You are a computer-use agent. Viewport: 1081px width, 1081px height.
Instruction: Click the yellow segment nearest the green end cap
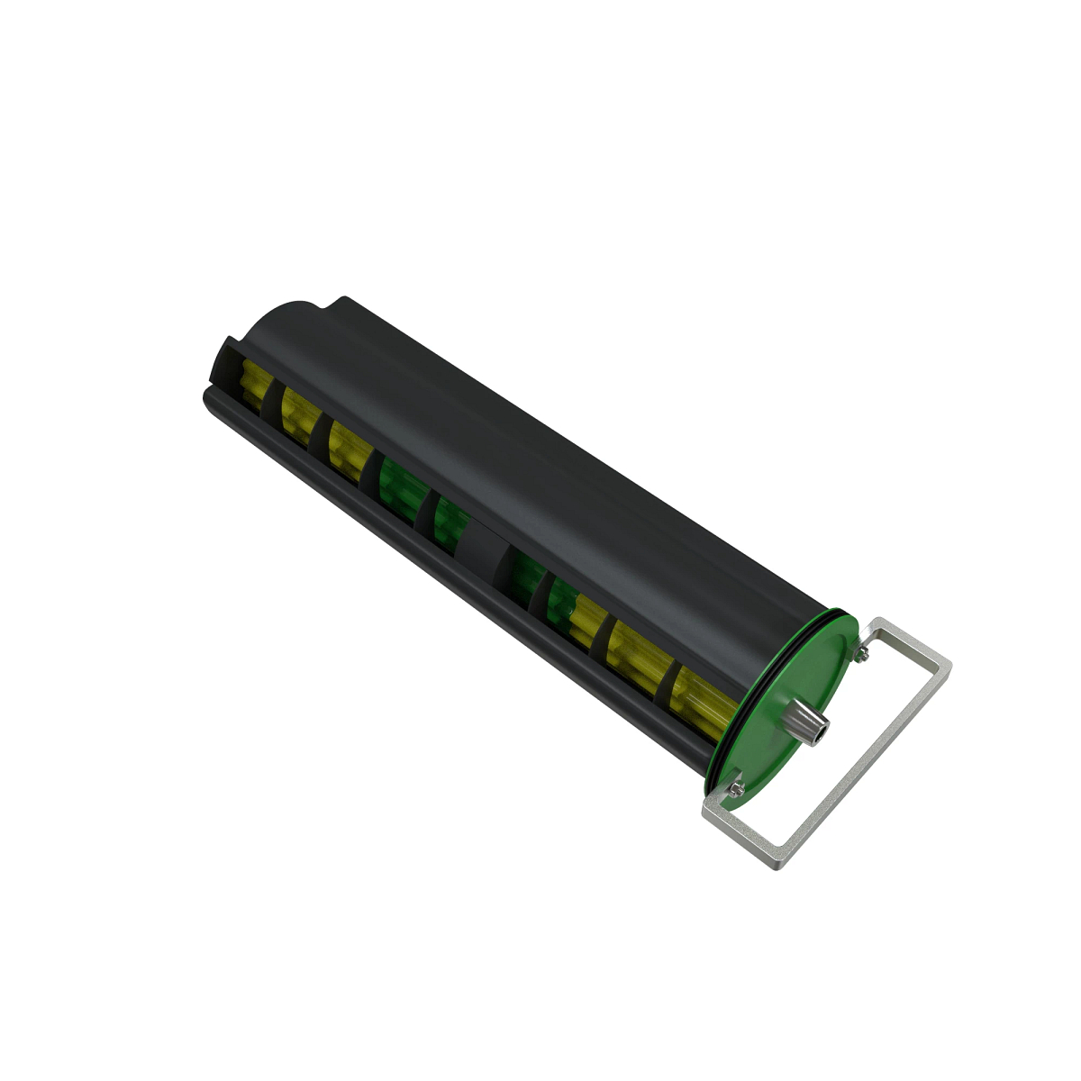tap(703, 694)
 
